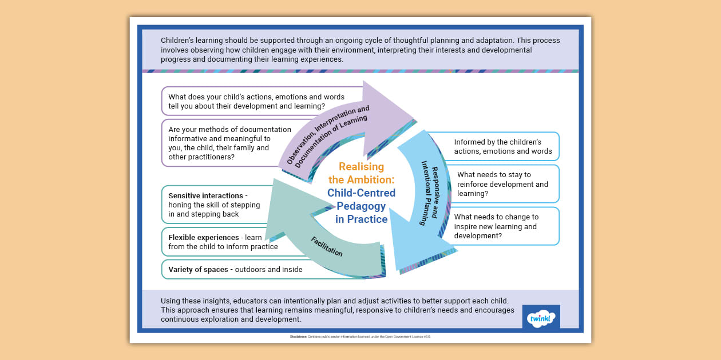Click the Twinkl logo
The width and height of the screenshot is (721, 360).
click(x=541, y=317)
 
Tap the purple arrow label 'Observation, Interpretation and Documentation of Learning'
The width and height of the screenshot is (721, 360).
click(x=328, y=135)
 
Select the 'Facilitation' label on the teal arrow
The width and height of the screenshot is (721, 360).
click(x=327, y=245)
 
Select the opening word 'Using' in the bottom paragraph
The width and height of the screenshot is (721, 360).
click(x=171, y=301)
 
